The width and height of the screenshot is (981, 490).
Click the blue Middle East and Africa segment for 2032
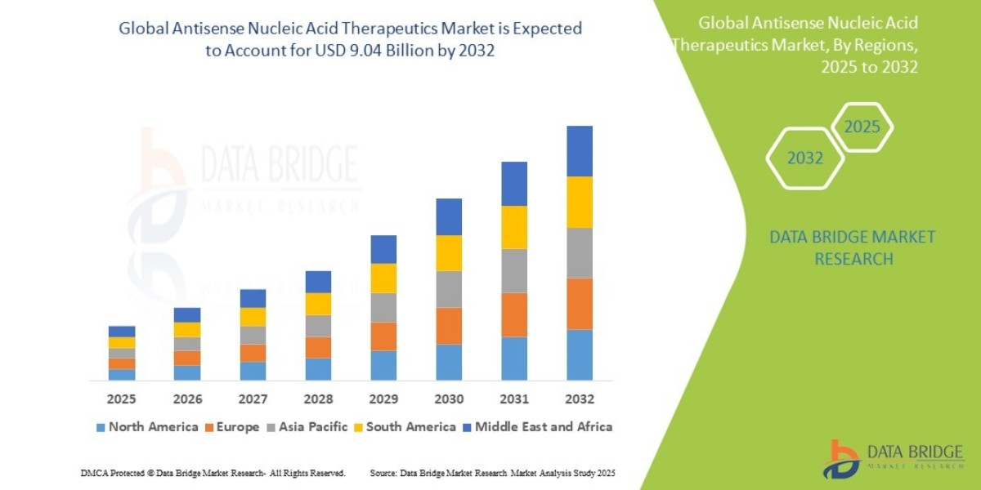click(579, 151)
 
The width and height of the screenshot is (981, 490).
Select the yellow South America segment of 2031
click(513, 227)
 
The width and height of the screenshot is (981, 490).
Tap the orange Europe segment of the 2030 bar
click(448, 325)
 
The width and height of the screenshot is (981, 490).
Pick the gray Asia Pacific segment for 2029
click(383, 307)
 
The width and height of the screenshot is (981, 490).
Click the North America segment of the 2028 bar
click(317, 368)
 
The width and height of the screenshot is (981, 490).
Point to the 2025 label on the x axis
click(121, 399)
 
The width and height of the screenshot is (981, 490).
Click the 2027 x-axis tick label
click(252, 399)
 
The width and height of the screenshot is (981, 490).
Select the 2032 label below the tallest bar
click(579, 399)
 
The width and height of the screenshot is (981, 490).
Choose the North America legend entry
click(146, 426)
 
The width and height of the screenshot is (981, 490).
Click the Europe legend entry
click(238, 426)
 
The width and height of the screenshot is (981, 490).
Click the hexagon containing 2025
click(862, 127)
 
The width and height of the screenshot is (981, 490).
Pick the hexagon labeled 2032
click(804, 158)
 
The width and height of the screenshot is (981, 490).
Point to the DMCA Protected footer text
click(213, 473)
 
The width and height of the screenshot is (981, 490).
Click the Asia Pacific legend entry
click(313, 426)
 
